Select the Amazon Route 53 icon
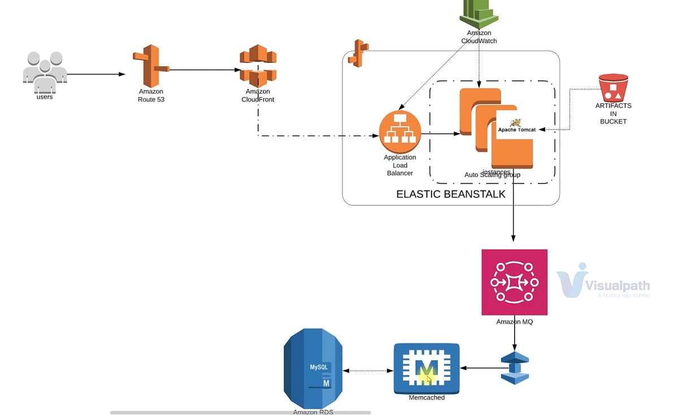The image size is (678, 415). point(150,65)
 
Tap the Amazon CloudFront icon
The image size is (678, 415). point(258,65)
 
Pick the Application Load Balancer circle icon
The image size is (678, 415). point(400,132)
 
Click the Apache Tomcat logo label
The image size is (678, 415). point(516,128)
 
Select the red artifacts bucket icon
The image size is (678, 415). point(614,87)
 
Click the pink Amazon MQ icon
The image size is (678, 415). point(514,282)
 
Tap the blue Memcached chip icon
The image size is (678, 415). point(427,368)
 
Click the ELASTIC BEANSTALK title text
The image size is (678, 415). point(450,194)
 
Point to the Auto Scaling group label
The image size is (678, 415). point(492,175)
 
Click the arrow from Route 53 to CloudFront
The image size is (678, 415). point(203,70)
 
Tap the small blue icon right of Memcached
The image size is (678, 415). point(514,368)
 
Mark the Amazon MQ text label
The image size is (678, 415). point(514,322)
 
